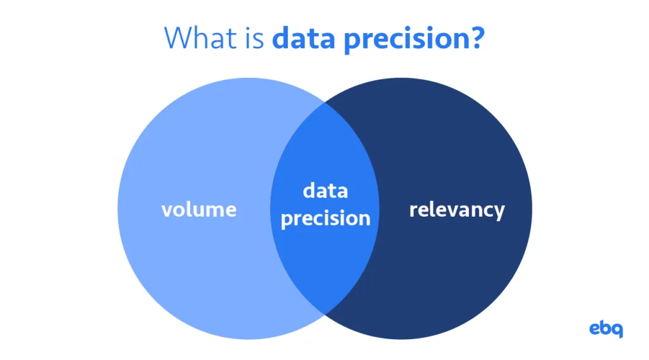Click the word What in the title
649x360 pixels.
click(200, 37)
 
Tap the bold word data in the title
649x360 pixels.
click(304, 37)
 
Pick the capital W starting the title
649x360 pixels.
click(177, 37)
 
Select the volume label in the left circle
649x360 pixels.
click(199, 209)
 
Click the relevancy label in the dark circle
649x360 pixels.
click(457, 210)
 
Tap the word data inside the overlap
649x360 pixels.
click(325, 191)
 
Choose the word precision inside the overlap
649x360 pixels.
click(326, 219)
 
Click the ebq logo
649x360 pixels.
click(606, 329)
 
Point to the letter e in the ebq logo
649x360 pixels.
click(594, 330)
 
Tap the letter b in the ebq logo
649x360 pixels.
click(607, 328)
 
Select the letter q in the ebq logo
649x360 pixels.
click(617, 331)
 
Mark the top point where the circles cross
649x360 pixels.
click(325, 103)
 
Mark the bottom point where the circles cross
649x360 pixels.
click(325, 314)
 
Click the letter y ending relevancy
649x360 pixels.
click(499, 213)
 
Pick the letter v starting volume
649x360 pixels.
click(167, 210)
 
